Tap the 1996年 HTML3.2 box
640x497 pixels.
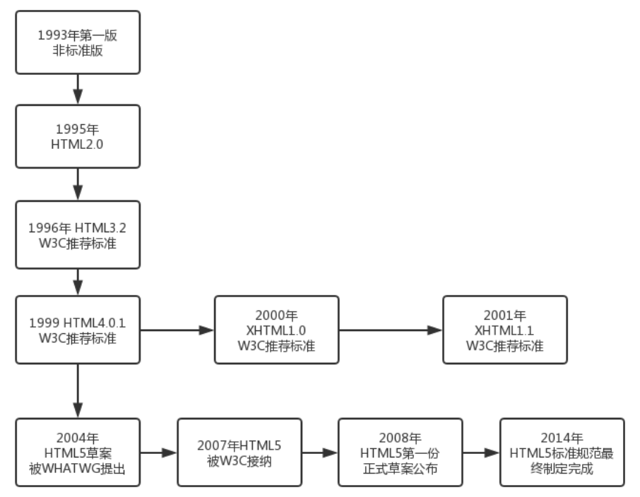[x=78, y=234]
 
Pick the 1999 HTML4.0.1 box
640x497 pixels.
[x=78, y=330]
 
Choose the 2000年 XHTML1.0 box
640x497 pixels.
[x=277, y=330]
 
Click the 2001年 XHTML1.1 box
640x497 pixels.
[x=505, y=330]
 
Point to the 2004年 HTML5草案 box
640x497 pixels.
[x=78, y=453]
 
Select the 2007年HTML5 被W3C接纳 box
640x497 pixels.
[x=239, y=453]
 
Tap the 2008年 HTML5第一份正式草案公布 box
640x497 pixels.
[x=401, y=453]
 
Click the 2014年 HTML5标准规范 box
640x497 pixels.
[x=562, y=453]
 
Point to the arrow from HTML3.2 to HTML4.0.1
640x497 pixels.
[x=78, y=282]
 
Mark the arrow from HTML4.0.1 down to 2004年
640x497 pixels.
[x=78, y=390]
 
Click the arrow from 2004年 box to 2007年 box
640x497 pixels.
[x=158, y=453]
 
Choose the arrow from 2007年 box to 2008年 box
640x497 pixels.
[x=320, y=453]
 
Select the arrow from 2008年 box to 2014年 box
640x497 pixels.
[x=482, y=453]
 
